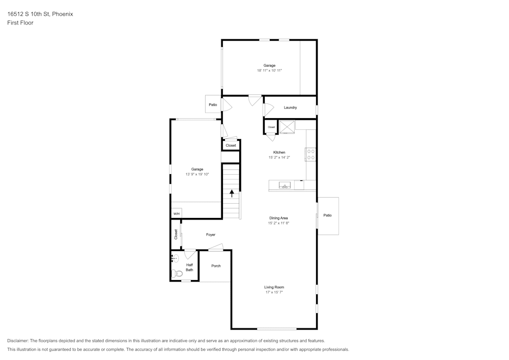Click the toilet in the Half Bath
pos(178,273)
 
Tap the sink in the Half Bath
pos(175,259)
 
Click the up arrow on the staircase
pos(232,193)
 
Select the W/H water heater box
pos(176,213)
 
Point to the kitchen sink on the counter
pos(285,185)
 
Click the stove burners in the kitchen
pos(310,154)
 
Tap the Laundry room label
pos(290,107)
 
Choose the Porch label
pos(216,266)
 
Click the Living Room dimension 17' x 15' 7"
pos(274,292)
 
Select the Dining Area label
pos(278,218)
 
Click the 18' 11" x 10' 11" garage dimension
pos(269,70)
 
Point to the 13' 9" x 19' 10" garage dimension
pos(197,174)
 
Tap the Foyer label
pos(211,235)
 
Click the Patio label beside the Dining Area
pos(328,215)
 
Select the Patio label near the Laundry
pos(213,105)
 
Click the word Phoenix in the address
pos(63,14)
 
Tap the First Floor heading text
pos(20,23)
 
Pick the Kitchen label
pos(279,152)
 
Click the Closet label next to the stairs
pos(231,145)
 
